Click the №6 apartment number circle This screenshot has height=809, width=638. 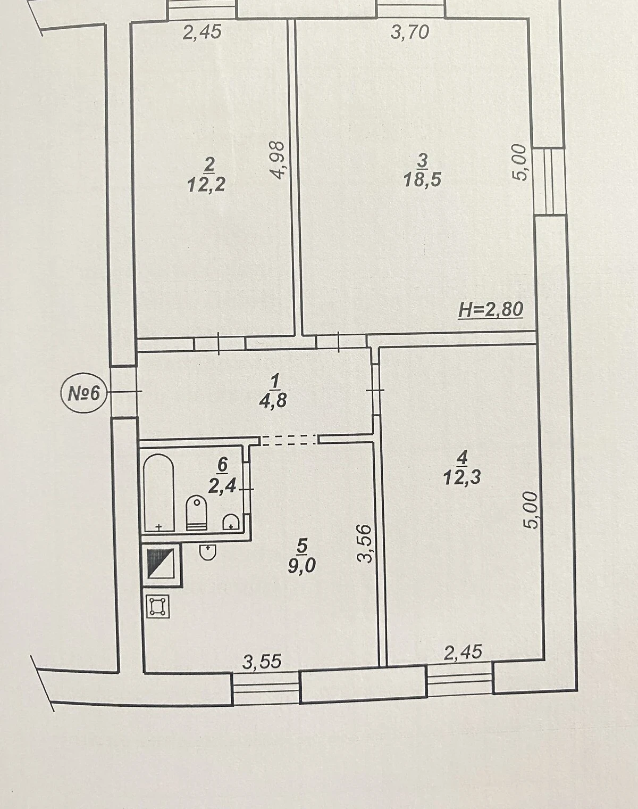85,394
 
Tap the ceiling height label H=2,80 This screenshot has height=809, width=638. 491,310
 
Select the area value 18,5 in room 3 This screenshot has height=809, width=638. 422,180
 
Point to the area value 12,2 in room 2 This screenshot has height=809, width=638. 206,185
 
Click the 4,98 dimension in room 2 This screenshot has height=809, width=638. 279,160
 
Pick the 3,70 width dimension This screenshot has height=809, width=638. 410,32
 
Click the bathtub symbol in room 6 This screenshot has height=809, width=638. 159,493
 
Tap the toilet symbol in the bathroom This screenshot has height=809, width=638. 197,513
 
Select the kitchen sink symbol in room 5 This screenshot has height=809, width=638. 208,551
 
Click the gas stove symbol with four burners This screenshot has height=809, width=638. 157,606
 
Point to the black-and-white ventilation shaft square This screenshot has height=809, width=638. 161,564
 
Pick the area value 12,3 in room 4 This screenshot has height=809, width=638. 462,478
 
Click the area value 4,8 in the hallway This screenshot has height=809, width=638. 273,401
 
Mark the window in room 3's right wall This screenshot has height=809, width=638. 550,181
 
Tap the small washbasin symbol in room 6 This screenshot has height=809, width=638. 231,522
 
